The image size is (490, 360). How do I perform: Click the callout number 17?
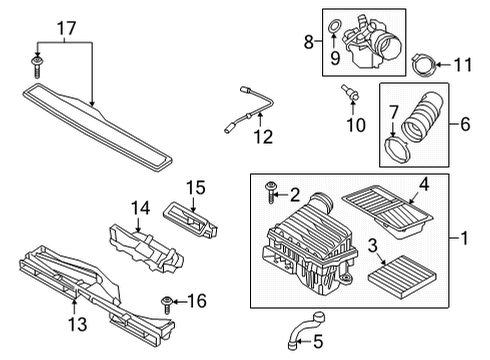point(67,28)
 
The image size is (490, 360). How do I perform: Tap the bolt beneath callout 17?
point(37,67)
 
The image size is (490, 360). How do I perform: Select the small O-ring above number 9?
point(333,26)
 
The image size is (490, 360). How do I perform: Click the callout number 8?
point(309,42)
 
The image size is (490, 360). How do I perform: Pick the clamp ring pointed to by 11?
point(423,65)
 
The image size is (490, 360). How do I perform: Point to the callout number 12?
point(263,137)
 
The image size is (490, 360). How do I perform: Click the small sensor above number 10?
point(350,93)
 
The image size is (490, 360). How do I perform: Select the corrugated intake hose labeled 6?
point(421,117)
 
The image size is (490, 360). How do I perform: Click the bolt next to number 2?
point(271,192)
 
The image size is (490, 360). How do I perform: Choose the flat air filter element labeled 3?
point(402,277)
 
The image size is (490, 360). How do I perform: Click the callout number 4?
point(424,184)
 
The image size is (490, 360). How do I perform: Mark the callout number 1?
point(464,238)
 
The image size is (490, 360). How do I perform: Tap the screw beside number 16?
point(166,304)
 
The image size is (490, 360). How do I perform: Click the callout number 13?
point(78,324)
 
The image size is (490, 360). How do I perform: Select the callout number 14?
point(140,208)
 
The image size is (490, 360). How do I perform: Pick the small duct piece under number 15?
point(190,220)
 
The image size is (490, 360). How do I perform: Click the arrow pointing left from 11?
point(443,65)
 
